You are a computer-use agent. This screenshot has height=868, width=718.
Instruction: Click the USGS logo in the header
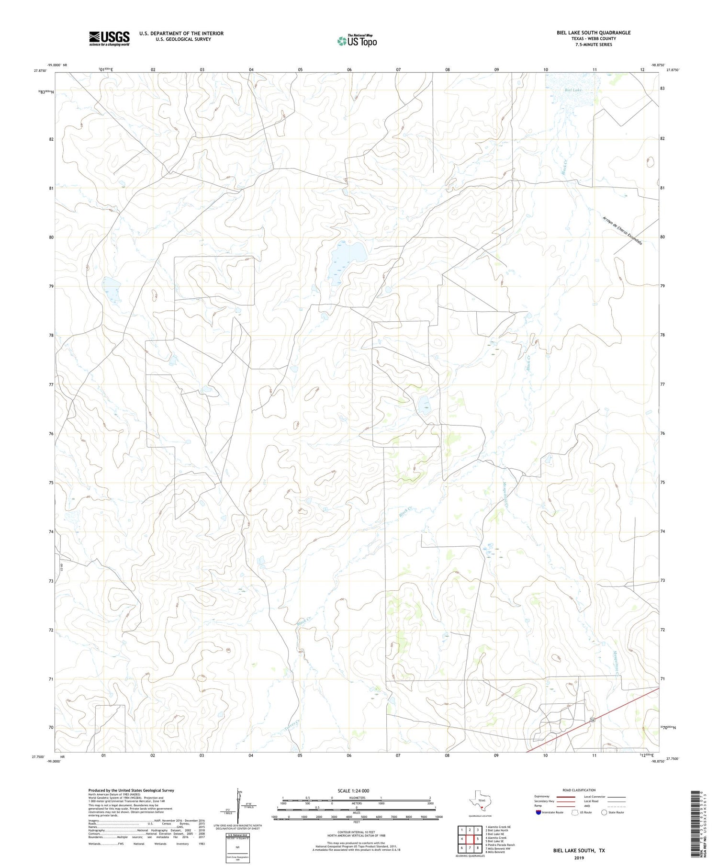tap(109, 39)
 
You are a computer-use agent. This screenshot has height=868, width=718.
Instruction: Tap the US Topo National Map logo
tap(357, 41)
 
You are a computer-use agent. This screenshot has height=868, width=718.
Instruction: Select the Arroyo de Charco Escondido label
tap(622, 231)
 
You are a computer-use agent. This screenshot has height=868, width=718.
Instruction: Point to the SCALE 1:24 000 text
tap(356, 790)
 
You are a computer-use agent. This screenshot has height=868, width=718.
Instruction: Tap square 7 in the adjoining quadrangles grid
tap(470, 847)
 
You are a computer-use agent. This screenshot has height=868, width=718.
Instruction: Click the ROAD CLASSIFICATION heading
tap(579, 790)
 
